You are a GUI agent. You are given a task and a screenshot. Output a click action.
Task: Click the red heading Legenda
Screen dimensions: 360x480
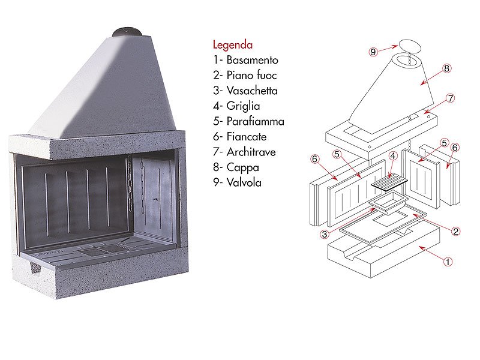[x=233, y=44]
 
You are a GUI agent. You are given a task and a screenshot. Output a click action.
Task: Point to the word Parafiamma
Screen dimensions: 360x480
[x=256, y=122]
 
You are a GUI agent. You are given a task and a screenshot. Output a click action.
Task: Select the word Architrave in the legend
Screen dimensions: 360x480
[x=251, y=152]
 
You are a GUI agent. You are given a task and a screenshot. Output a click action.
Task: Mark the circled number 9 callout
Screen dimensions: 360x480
[x=373, y=52]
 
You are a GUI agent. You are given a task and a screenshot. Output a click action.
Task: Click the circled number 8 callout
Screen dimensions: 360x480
[x=447, y=68]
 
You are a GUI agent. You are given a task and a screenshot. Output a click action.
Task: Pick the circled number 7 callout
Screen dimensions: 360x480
[x=451, y=97]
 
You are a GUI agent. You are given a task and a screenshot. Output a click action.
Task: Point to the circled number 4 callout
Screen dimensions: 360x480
[x=392, y=155]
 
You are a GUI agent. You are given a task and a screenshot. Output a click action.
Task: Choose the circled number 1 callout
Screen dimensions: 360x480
[x=446, y=261]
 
